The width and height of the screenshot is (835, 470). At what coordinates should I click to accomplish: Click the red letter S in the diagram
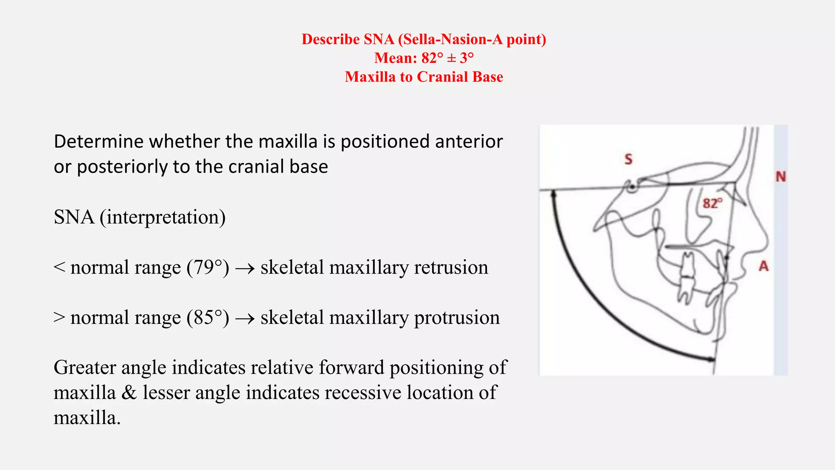tap(628, 159)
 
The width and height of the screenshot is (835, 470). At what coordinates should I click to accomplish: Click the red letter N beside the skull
tap(780, 177)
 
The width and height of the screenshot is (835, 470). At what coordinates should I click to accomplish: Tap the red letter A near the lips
tap(763, 266)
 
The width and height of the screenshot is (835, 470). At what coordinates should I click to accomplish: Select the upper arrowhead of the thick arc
tap(553, 195)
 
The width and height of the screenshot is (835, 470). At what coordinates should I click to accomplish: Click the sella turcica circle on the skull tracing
tap(632, 187)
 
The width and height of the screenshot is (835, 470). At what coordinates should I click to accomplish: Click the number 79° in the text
tap(208, 268)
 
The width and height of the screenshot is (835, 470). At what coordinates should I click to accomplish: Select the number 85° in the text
tap(208, 318)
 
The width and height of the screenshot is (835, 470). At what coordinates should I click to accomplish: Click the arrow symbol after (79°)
tap(245, 268)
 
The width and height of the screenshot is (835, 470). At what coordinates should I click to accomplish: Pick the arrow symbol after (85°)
tap(245, 319)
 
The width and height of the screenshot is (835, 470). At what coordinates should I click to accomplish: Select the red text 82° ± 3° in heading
tap(448, 58)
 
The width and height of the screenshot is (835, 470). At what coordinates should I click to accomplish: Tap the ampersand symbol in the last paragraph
tap(129, 393)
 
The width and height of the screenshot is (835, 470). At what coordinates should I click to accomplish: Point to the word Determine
tap(99, 142)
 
